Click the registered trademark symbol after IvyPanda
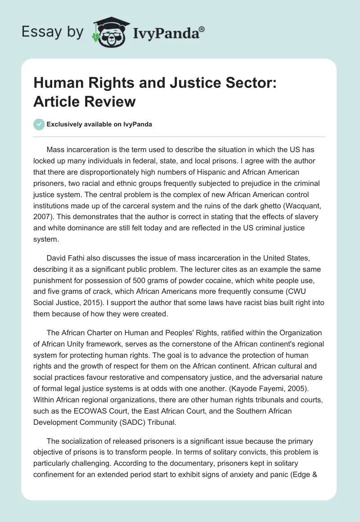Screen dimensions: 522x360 tap(202, 29)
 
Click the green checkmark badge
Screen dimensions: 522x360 tap(39, 124)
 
